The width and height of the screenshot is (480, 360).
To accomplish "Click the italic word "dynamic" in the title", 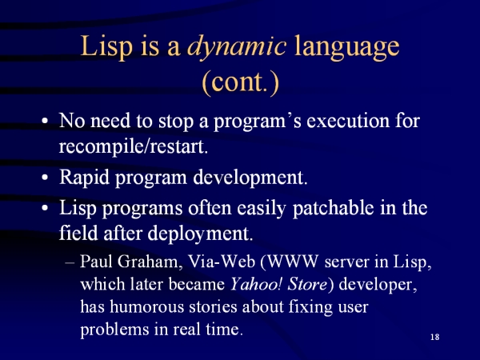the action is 237,47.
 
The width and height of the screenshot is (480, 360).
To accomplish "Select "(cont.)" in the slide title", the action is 241,82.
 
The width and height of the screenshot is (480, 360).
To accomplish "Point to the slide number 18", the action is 434,337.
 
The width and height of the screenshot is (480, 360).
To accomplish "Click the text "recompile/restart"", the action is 133,146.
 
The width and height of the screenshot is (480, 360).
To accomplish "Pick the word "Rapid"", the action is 84,178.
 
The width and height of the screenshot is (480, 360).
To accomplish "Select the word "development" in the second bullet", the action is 250,178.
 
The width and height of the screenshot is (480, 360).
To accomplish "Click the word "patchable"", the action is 333,209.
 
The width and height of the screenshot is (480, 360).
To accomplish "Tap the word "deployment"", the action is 200,234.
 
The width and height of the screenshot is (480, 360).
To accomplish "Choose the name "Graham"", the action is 150,262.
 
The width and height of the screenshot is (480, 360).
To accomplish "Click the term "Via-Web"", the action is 222,262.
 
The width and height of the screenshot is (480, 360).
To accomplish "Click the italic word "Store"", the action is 307,284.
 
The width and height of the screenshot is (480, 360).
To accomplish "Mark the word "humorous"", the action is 147,306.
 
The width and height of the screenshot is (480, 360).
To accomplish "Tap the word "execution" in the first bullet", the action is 348,121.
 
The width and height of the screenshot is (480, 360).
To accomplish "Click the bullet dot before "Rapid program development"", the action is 45,178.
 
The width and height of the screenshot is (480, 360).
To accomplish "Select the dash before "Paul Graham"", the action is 70,262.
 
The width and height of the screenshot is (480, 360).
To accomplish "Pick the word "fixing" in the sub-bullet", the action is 310,307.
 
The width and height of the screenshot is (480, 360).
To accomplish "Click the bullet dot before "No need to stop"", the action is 45,121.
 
